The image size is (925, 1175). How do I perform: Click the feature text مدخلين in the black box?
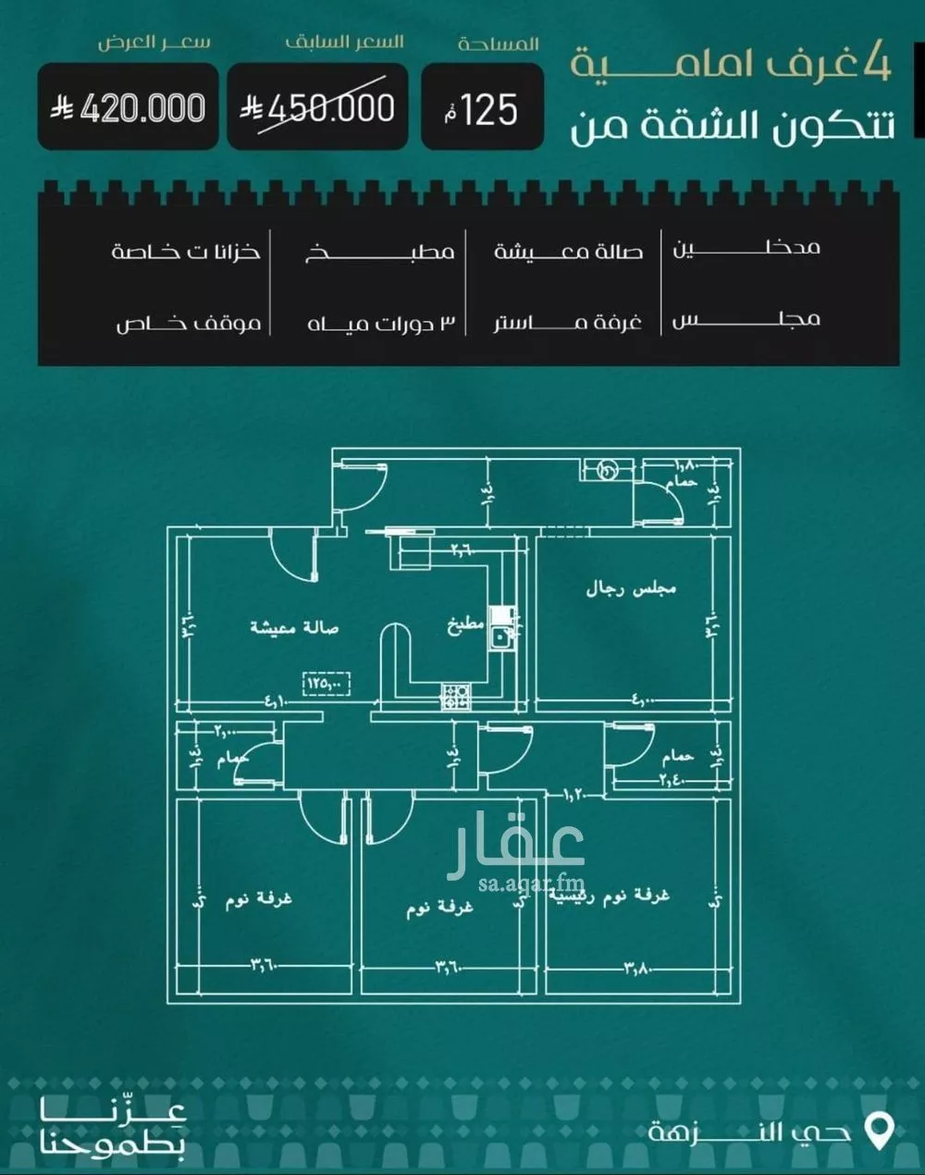[x=746, y=248]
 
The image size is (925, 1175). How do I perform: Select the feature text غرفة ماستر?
[x=567, y=323]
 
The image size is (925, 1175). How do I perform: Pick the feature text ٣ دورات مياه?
[x=382, y=323]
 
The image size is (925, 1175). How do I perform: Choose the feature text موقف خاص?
[x=189, y=323]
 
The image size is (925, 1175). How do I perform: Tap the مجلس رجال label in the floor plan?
[x=632, y=588]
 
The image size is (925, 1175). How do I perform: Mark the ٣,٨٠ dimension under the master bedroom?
[x=636, y=969]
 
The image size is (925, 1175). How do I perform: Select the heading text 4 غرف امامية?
[x=731, y=65]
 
